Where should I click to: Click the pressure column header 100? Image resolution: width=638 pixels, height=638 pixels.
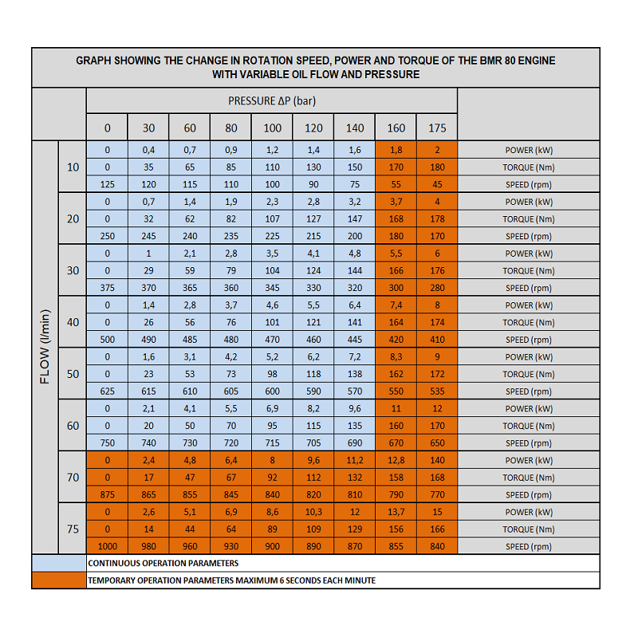click(x=272, y=128)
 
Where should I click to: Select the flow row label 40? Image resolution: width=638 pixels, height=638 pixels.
click(x=73, y=322)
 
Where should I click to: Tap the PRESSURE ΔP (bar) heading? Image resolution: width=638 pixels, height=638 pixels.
click(x=272, y=101)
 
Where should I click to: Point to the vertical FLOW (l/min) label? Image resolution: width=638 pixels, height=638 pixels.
click(x=45, y=347)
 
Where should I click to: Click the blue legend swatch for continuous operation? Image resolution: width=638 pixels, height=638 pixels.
click(x=59, y=563)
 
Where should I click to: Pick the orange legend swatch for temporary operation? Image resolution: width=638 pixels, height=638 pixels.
click(x=59, y=581)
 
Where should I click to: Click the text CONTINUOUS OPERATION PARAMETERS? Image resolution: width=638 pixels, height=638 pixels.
click(x=163, y=563)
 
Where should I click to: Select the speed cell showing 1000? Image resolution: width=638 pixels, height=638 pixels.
click(x=108, y=546)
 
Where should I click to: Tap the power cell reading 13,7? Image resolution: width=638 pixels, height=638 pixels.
click(x=396, y=512)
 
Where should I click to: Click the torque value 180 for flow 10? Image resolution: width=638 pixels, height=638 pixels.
click(x=437, y=167)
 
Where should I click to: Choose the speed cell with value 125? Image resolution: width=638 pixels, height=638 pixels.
click(x=108, y=184)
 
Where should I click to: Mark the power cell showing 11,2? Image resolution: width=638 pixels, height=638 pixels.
click(x=355, y=460)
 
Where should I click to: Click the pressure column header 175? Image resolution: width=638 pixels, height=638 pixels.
click(x=437, y=128)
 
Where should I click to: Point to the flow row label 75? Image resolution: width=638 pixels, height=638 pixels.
click(x=73, y=529)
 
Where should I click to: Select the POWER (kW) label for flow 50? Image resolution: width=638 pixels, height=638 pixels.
click(x=529, y=356)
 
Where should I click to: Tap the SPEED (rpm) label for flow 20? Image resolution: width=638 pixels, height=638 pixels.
click(x=529, y=236)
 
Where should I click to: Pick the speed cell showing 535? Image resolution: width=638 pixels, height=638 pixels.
click(x=437, y=392)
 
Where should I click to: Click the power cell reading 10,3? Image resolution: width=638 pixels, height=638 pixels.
click(x=313, y=512)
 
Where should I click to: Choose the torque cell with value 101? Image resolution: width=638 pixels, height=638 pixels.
click(x=272, y=322)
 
